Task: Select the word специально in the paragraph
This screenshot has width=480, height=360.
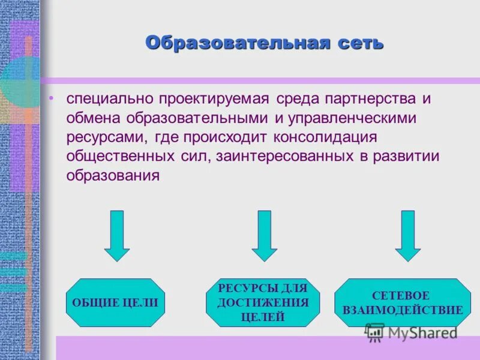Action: point(109,97)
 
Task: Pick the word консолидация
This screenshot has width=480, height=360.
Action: point(325,137)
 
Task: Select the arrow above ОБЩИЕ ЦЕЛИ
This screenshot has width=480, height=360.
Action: point(117,235)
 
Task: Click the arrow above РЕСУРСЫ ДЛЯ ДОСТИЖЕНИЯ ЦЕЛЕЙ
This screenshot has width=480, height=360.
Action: point(264,235)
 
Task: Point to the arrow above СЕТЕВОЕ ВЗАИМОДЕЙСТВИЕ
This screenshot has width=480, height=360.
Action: point(408,235)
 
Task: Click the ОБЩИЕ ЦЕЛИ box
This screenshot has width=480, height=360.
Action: point(115,302)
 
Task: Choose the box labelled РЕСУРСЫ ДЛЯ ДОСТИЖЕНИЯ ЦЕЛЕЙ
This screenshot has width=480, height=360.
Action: point(263,302)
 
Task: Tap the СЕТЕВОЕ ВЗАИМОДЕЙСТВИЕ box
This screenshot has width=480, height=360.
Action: point(403,302)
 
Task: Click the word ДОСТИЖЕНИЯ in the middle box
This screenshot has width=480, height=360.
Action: point(263,302)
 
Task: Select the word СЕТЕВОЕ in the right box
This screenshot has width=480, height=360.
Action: point(401,295)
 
